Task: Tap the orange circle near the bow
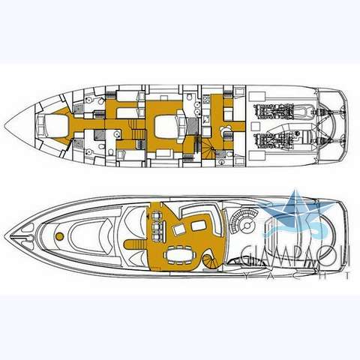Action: coord(59,236)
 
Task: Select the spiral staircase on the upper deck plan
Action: coord(209,262)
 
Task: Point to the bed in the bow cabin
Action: coord(55,126)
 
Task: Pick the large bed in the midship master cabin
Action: coord(167,126)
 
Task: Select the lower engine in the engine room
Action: coord(271,140)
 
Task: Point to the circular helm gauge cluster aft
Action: coord(247,226)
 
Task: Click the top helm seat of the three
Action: coord(157,215)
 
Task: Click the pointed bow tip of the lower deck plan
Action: coord(5,126)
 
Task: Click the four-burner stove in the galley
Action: coord(206,100)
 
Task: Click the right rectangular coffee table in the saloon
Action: coord(198,226)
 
